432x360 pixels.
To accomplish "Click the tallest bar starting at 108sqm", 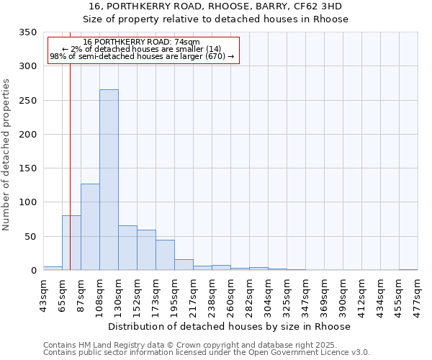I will point(109,180).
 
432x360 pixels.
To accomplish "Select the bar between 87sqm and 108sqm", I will point(90,227).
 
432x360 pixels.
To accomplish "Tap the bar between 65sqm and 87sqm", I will point(71,243).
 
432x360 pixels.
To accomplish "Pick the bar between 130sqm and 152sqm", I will point(127,248).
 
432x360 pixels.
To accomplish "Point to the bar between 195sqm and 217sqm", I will point(184,264).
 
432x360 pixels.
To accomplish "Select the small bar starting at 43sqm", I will point(53,268).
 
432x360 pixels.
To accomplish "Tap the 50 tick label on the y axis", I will point(30,236).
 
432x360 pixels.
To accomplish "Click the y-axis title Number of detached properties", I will point(6,155).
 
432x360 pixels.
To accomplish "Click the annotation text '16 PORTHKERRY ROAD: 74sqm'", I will point(142,42).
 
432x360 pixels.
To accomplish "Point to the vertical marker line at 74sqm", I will point(70,144).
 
